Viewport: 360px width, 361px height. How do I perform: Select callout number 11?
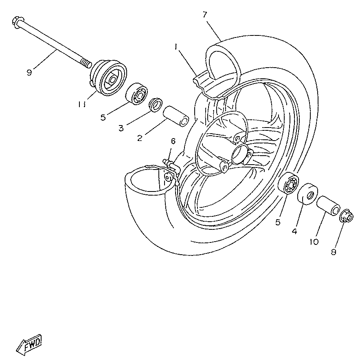81,104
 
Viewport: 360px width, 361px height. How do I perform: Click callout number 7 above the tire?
205,15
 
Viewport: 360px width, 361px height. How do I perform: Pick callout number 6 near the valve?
173,141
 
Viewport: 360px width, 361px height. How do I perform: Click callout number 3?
121,128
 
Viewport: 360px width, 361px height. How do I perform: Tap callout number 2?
140,138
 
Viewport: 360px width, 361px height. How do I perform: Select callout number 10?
314,242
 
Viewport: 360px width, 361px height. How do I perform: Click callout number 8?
334,252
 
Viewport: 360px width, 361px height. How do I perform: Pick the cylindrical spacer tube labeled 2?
176,116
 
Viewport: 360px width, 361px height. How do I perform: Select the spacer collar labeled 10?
328,205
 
